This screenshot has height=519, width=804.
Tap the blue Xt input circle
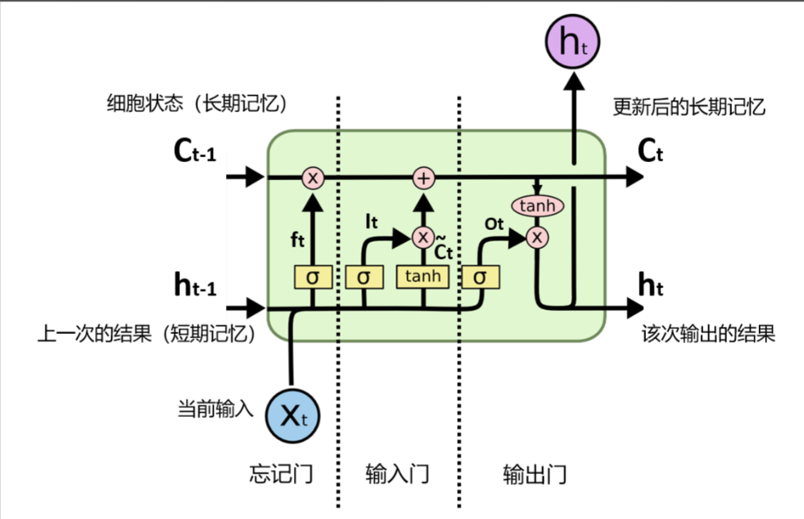click(292, 415)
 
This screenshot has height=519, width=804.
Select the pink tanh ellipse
click(537, 206)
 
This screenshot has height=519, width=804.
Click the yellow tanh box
click(423, 276)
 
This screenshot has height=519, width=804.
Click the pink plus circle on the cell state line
click(423, 177)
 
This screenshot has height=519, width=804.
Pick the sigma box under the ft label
click(312, 277)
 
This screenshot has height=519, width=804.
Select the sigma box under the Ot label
click(480, 277)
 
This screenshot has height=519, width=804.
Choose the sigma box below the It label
click(364, 277)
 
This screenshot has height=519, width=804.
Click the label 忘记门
click(281, 474)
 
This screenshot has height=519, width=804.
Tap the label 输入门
click(397, 474)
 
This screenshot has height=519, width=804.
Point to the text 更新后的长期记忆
click(689, 106)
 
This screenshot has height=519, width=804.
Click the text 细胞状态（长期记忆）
click(199, 104)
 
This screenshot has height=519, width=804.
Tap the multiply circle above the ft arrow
click(312, 177)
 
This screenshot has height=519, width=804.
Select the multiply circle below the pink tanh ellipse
click(537, 237)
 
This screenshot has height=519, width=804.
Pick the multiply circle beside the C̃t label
click(423, 237)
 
